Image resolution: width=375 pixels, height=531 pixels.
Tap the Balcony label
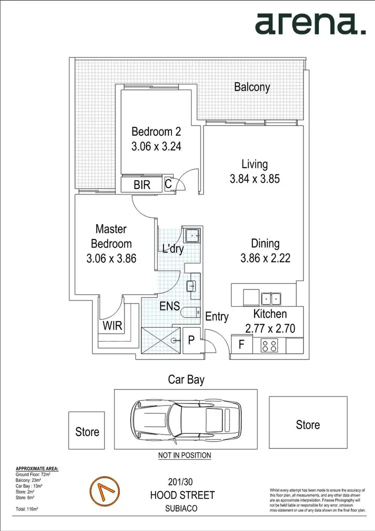pos(252,87)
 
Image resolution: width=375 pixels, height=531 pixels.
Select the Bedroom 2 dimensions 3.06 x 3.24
pos(155,147)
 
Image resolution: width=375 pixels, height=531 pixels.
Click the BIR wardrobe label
pos(142,184)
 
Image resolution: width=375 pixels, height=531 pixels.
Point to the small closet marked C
pos(168,184)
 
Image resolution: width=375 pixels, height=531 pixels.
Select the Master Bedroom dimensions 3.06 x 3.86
pos(111,258)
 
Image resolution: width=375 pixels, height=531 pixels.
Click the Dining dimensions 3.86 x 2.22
pos(265,258)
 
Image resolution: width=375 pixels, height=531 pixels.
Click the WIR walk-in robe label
pos(112,326)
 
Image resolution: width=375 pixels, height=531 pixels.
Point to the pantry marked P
pos(191,339)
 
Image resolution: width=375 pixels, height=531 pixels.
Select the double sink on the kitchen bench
pos(270,298)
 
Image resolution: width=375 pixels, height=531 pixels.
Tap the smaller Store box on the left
pos(87,431)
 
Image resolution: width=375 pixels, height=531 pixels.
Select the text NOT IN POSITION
pos(184,455)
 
